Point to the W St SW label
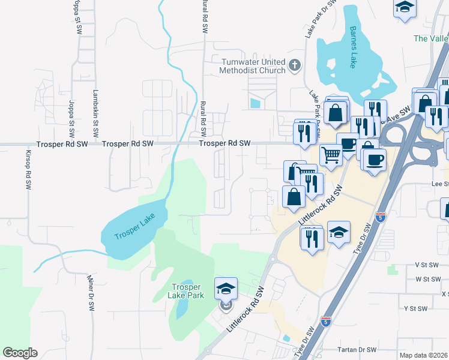pyautogui.click(x=428, y=279)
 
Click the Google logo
pyautogui.click(x=20, y=353)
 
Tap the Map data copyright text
pyautogui.click(x=424, y=355)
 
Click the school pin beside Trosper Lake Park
pyautogui.click(x=226, y=289)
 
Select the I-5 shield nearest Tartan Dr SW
pyautogui.click(x=326, y=322)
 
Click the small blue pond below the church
pyautogui.click(x=255, y=104)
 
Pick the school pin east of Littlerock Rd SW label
pyautogui.click(x=339, y=235)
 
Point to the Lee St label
pyautogui.click(x=440, y=184)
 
